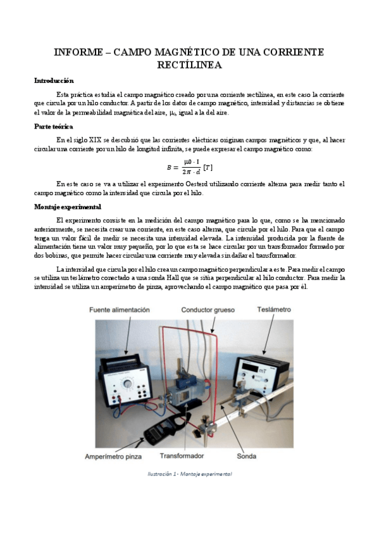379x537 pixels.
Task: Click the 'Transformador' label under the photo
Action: point(182,456)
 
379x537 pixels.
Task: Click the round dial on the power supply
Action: point(129,383)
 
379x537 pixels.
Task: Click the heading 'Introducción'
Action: point(53,81)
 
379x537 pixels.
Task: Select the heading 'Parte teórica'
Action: point(53,127)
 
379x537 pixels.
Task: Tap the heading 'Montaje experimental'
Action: point(66,207)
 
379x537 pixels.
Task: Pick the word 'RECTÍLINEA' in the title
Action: point(189,65)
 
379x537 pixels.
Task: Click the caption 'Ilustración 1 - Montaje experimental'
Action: point(189,474)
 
